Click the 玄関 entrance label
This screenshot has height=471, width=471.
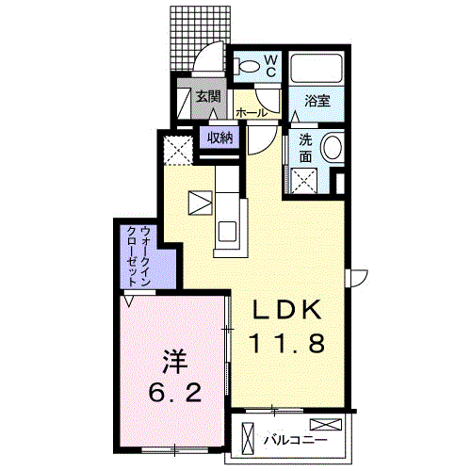(208, 97)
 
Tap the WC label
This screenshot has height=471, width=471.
(269, 65)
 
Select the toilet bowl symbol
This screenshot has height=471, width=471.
(248, 67)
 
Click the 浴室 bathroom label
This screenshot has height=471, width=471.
(317, 101)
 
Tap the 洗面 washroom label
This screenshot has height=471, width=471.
(306, 148)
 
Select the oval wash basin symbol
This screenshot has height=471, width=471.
(332, 150)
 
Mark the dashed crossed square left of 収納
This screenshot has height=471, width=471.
(177, 149)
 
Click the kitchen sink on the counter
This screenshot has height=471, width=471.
(230, 230)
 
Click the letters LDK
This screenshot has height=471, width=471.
(288, 310)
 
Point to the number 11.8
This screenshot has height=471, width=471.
(288, 343)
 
